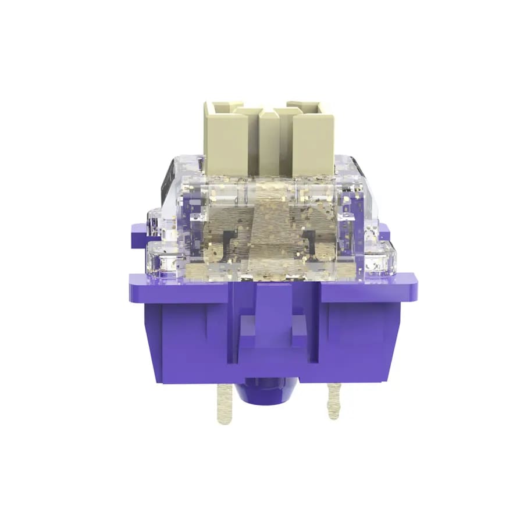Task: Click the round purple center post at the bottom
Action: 266,392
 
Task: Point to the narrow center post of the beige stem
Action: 269,143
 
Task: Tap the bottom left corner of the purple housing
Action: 158,379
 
